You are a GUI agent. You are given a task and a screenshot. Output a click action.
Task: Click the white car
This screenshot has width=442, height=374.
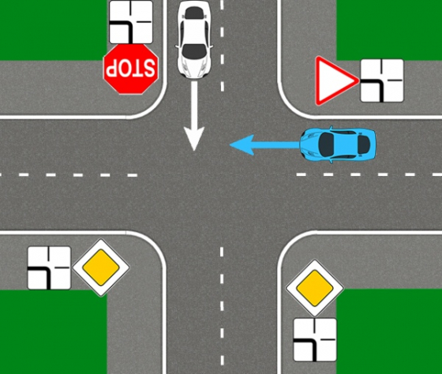(194, 39)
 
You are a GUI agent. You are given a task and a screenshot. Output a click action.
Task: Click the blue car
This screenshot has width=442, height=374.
(338, 144)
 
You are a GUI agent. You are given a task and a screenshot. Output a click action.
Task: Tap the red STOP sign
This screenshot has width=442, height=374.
(131, 69)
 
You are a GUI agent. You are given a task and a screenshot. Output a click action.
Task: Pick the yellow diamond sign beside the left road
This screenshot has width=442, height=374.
(101, 267)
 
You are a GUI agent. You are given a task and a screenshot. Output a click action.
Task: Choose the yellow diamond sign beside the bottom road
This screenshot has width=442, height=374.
(315, 288)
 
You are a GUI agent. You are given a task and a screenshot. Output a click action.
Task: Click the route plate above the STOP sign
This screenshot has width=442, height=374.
(131, 22)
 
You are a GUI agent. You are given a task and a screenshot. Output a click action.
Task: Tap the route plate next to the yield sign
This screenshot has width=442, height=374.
(382, 80)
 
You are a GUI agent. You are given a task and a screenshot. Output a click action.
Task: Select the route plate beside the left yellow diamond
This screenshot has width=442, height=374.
(49, 268)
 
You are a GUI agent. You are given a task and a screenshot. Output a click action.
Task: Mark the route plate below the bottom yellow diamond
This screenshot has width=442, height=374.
(315, 340)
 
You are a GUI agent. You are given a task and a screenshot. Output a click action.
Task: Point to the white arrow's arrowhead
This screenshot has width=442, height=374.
(194, 138)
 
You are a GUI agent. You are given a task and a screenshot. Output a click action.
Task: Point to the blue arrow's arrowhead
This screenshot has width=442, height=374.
(242, 145)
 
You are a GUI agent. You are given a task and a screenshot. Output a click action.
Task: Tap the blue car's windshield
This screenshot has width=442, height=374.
(327, 144)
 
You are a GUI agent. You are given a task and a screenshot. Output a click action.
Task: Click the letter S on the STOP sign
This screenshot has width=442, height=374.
(149, 68)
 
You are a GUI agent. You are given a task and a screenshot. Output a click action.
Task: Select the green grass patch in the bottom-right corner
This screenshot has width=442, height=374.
(389, 331)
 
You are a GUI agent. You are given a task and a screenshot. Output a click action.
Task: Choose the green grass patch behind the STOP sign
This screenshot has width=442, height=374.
(54, 31)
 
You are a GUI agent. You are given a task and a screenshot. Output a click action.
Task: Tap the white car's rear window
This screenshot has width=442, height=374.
(194, 13)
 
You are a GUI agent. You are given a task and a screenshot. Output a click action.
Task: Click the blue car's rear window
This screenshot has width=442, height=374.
(364, 144)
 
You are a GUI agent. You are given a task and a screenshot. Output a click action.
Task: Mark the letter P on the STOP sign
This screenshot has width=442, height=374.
(110, 68)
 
